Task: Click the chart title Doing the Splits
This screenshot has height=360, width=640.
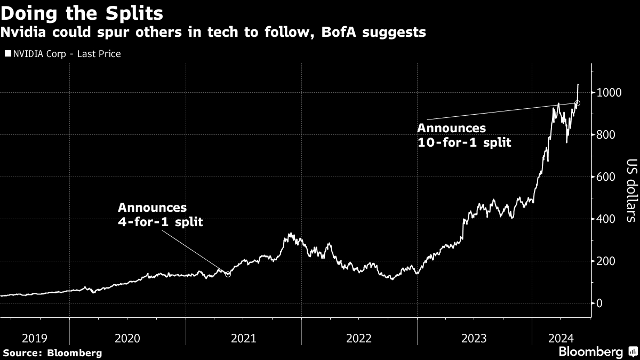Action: pos(82,12)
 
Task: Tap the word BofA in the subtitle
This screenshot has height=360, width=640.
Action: pos(351,33)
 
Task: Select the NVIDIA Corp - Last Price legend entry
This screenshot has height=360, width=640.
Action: pos(63,54)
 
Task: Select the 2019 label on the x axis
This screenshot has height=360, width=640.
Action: pos(35,338)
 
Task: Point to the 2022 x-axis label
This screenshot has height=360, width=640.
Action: pos(359,338)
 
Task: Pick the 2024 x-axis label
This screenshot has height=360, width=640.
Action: pos(561,338)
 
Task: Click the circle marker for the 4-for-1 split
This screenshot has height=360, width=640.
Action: pos(228,274)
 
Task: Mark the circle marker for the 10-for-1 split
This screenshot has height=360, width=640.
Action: pos(577,103)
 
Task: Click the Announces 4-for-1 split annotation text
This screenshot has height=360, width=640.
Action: pos(160,214)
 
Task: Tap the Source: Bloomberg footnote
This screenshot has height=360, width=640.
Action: pos(52,353)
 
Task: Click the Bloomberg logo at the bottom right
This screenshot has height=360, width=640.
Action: pos(596,351)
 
